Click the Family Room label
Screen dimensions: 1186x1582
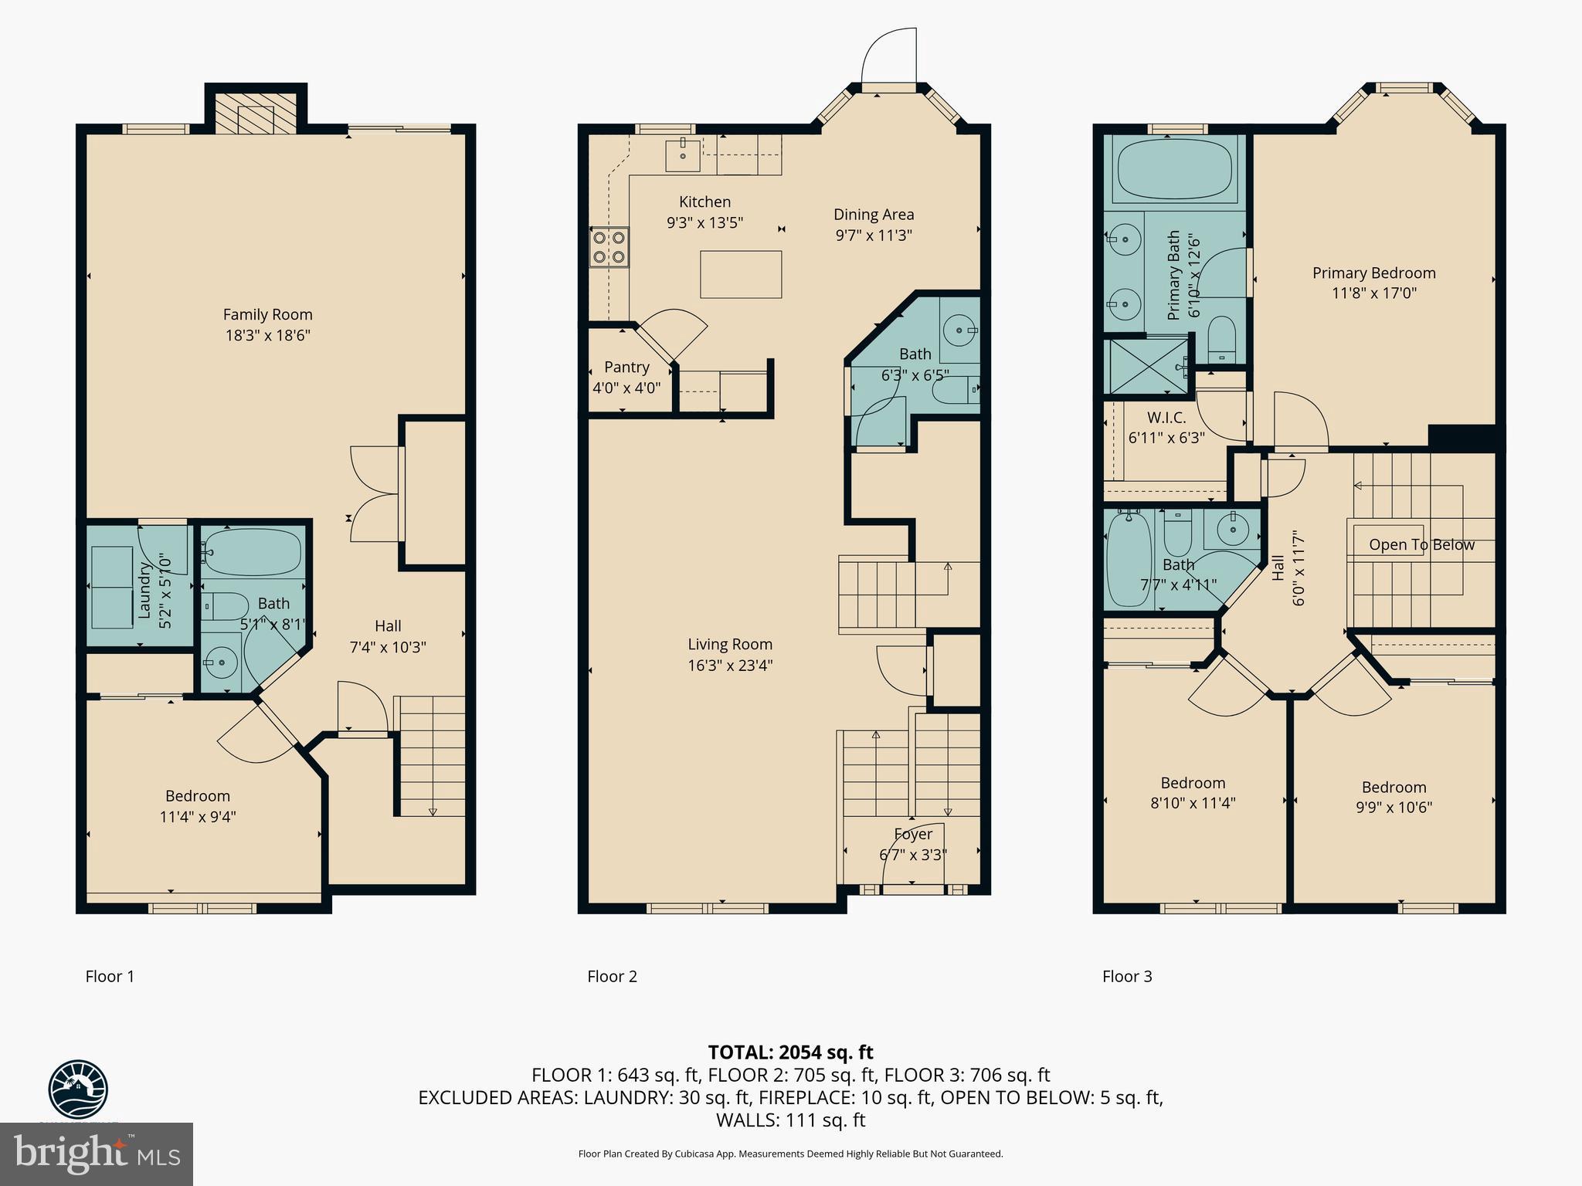point(267,314)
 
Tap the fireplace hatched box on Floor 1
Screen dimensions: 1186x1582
point(255,115)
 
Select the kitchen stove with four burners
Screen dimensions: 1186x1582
point(609,247)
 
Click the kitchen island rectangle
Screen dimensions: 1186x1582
point(740,274)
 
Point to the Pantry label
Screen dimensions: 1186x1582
point(626,367)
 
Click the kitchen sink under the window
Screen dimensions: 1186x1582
point(683,155)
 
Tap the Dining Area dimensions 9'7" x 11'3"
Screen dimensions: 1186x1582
point(874,236)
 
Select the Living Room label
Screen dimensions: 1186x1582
point(730,644)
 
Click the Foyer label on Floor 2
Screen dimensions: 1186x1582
point(913,834)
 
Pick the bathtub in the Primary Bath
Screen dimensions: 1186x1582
point(1174,168)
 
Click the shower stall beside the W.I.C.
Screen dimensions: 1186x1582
point(1146,365)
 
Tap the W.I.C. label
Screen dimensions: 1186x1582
point(1166,418)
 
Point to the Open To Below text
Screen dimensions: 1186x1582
point(1421,544)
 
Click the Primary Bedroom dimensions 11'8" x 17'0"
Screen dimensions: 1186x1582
point(1373,293)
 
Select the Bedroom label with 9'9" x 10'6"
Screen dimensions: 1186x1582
point(1394,787)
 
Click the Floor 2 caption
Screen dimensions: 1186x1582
point(612,976)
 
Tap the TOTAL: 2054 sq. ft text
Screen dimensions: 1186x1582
point(790,1052)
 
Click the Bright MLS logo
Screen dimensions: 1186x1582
point(97,1154)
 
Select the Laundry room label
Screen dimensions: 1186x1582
point(144,591)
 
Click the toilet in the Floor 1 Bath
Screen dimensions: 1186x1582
point(222,606)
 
